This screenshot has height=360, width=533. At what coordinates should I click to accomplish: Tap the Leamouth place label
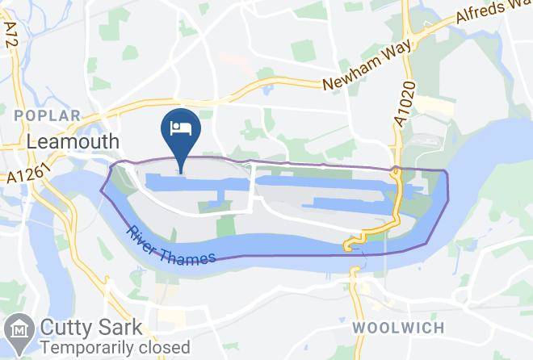(73, 141)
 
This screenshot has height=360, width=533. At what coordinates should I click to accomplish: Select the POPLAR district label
(48, 116)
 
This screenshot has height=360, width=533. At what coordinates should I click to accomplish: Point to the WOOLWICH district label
(398, 328)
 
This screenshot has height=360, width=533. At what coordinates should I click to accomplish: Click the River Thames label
(170, 245)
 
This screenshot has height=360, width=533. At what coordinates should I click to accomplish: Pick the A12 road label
(11, 35)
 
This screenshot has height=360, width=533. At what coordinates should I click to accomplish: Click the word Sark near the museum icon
(122, 329)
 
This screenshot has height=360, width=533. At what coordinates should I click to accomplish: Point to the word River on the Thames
(143, 235)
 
